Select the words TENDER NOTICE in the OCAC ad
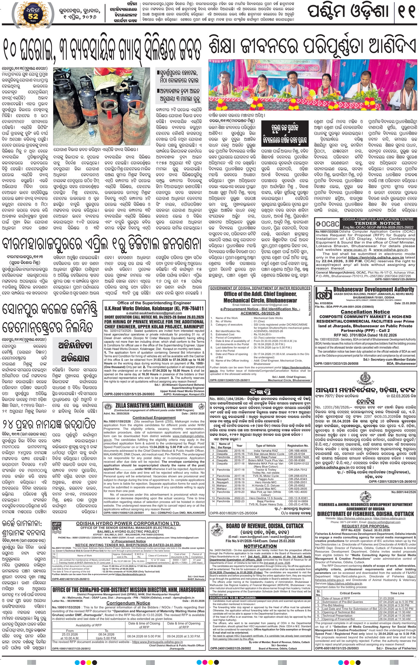pos(378,223)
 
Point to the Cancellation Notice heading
pos(365,312)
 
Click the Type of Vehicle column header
pos(265,446)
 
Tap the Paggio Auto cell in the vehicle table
pos(265,479)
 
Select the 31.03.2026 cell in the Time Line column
pos(387,598)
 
